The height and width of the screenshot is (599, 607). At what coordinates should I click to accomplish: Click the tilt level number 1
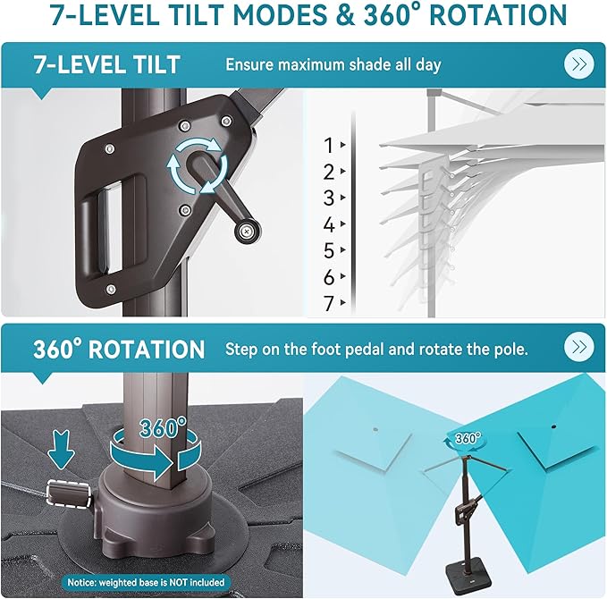(x=329, y=146)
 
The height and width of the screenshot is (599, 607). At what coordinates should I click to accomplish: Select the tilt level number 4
(x=329, y=224)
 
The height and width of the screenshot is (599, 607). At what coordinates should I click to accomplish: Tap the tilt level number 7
(x=329, y=304)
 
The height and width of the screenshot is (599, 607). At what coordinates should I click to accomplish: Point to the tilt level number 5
(x=329, y=250)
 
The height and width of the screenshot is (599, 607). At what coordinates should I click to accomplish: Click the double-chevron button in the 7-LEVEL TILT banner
(x=578, y=64)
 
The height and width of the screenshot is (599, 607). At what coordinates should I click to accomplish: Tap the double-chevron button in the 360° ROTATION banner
(x=578, y=347)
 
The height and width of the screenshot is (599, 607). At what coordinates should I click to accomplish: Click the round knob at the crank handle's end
(x=247, y=232)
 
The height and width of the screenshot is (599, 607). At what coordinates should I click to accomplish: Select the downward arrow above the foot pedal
(x=61, y=449)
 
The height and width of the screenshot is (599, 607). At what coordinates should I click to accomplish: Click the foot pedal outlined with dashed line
(x=70, y=493)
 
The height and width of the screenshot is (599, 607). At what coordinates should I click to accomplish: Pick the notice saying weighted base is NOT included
(x=146, y=582)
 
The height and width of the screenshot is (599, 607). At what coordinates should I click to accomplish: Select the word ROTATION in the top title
(x=498, y=15)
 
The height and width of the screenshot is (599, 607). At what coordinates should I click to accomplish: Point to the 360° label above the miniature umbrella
(x=468, y=438)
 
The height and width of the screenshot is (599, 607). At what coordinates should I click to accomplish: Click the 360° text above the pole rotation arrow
(x=163, y=427)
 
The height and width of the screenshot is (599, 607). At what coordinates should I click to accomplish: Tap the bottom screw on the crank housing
(x=111, y=290)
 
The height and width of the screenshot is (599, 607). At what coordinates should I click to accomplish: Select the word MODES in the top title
(x=281, y=15)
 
